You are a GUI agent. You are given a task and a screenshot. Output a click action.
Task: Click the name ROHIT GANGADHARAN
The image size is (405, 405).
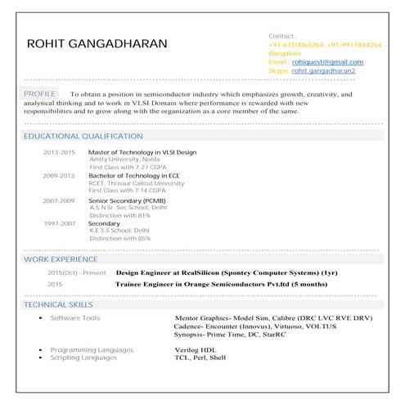(x=97, y=43)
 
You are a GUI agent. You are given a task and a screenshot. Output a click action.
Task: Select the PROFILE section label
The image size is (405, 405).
(x=40, y=94)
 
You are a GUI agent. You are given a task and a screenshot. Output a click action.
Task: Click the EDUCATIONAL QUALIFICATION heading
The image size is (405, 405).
(x=83, y=136)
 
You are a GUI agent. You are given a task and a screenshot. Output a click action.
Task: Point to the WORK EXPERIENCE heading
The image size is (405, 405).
(x=61, y=259)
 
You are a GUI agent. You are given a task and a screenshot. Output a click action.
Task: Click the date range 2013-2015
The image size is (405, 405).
(x=59, y=153)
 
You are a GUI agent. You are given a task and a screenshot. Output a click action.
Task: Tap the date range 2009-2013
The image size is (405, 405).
(x=59, y=176)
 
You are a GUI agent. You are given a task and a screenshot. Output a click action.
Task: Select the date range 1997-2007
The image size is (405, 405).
(x=59, y=223)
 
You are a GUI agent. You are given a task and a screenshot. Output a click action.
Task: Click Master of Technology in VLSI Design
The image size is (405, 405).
(x=142, y=153)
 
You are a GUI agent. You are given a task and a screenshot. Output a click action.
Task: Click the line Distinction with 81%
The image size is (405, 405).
(x=120, y=215)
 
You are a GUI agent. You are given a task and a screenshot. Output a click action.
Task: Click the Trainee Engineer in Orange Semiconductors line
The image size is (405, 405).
(x=222, y=284)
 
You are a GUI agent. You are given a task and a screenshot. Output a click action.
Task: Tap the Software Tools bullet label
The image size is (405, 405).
(x=75, y=317)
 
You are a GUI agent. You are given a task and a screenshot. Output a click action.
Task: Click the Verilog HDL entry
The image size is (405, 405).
(x=195, y=350)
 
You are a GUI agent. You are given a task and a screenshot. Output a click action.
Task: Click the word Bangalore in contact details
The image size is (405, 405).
(x=285, y=53)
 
